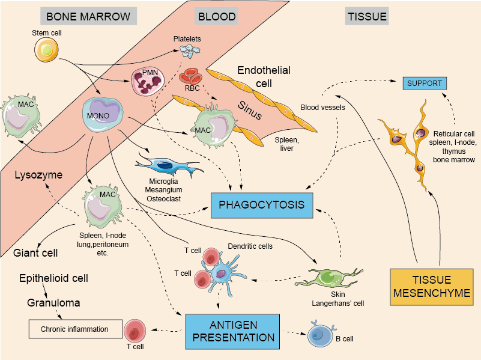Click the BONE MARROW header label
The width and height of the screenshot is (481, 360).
88,16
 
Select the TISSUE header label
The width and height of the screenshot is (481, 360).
366,16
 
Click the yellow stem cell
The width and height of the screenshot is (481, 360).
46,51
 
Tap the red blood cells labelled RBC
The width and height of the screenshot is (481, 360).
192,78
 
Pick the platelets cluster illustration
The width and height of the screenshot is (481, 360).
192,53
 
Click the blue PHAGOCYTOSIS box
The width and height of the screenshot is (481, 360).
261,205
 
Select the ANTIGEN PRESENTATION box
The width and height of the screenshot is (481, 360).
232,330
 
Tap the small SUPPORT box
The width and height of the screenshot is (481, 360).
425,83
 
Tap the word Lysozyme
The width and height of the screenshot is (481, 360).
38,175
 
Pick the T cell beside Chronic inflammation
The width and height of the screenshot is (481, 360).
136,331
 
